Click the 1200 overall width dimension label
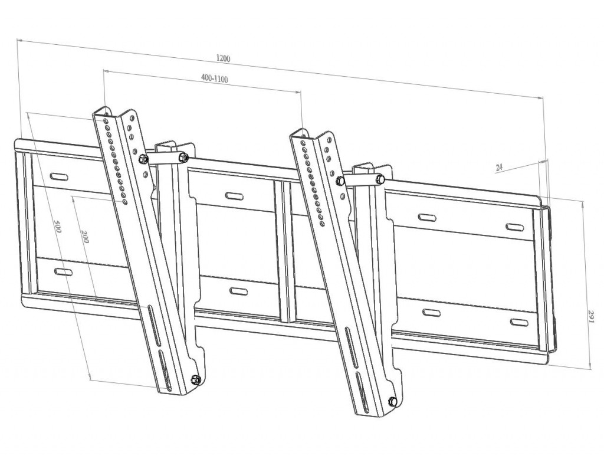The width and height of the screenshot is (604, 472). coord(223,58)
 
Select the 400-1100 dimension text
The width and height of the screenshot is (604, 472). coord(215,78)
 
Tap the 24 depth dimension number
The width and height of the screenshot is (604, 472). coord(499,167)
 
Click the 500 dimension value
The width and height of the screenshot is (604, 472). coord(57,227)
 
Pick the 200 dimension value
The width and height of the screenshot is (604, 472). coord(85,237)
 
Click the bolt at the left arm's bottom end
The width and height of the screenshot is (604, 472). coord(195,379)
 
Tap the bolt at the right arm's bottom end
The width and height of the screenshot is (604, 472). coord(392,401)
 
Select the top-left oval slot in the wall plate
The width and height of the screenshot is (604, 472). coord(60,176)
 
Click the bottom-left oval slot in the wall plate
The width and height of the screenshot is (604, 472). coord(63,272)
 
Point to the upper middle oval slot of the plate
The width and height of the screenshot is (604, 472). coord(234,196)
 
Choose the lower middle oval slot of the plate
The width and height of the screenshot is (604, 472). coord(236,291)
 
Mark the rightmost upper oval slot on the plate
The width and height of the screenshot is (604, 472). coord(516,227)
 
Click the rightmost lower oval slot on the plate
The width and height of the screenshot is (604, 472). coord(520,322)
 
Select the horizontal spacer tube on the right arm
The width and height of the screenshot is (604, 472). coord(361,179)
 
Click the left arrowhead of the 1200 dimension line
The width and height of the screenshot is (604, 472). coord(19,40)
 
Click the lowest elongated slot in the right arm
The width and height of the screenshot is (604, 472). coord(362,392)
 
